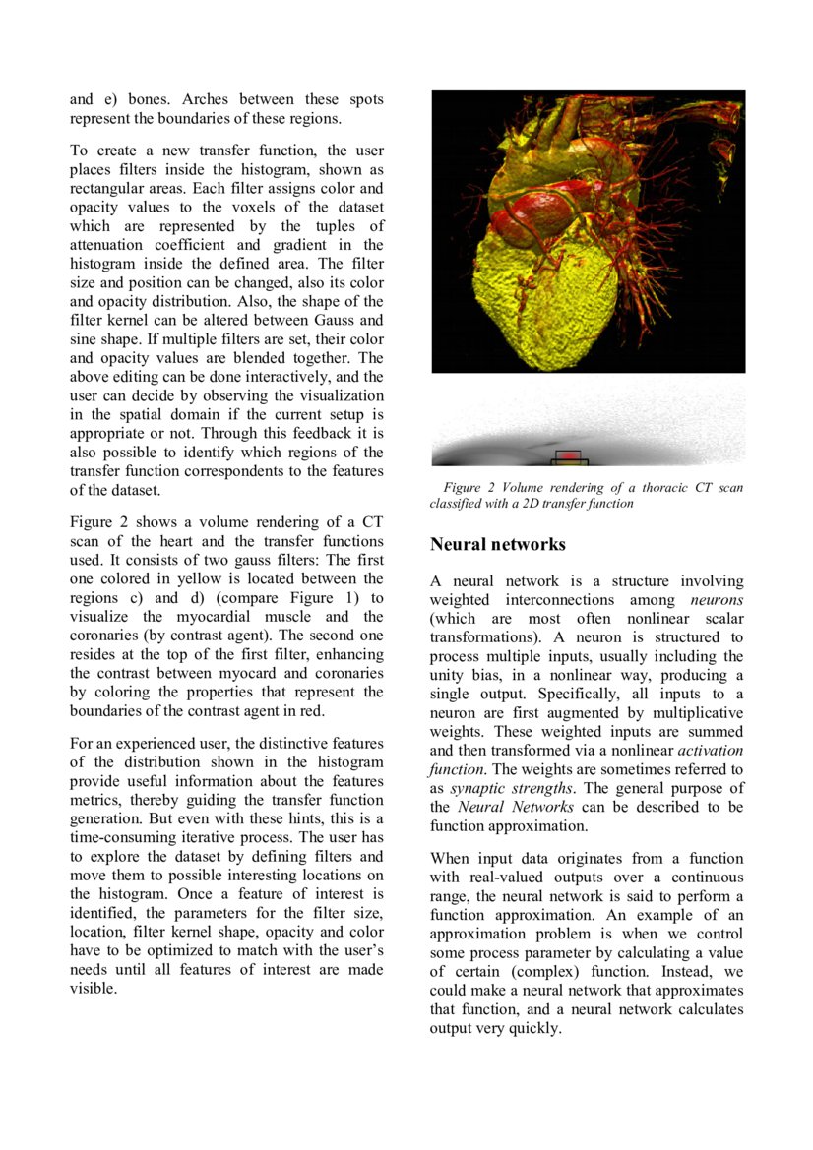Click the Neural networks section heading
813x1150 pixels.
click(497, 544)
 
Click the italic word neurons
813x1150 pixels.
click(717, 600)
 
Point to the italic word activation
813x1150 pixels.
click(711, 751)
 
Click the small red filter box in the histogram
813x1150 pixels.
click(569, 456)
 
